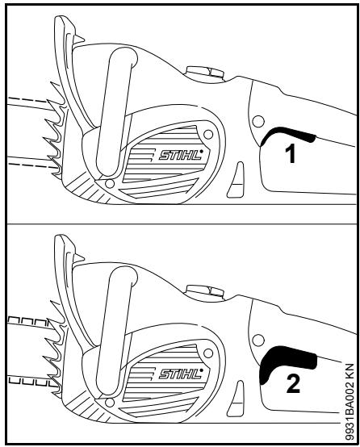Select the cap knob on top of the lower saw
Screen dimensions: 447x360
coord(199,293)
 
